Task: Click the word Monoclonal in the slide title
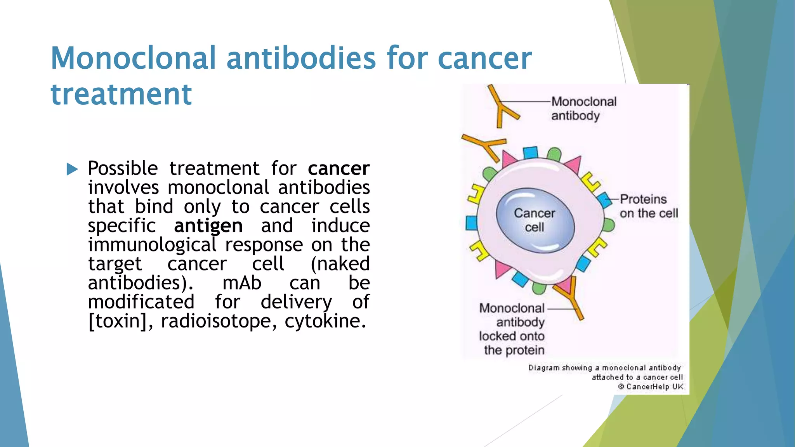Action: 133,58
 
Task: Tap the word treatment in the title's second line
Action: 121,94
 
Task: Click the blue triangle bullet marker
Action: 72,169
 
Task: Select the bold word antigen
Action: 208,226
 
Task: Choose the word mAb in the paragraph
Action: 241,283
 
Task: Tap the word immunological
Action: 152,245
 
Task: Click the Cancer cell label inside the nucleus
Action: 535,220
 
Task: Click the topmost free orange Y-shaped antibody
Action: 502,107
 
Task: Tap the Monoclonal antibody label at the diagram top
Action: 583,109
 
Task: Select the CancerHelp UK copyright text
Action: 651,387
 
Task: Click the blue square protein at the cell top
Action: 530,152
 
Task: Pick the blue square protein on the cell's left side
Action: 472,223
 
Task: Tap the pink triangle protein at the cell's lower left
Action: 503,269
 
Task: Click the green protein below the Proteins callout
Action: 609,225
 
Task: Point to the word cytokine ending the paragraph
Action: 324,321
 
